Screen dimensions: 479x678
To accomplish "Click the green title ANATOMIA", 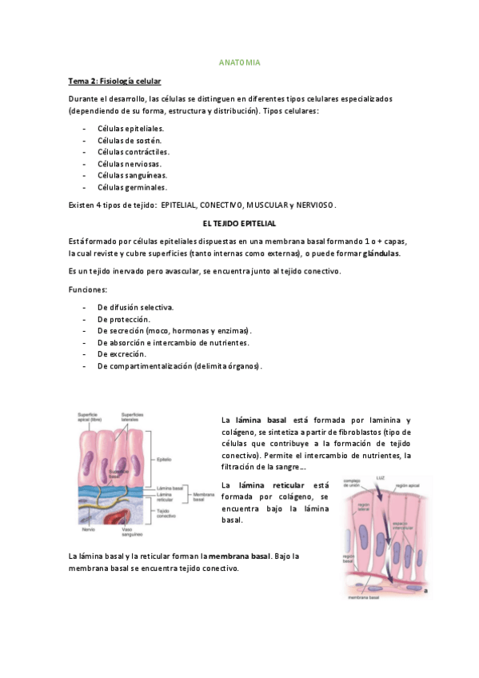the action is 239,62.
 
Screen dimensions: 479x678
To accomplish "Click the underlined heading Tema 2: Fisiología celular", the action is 114,81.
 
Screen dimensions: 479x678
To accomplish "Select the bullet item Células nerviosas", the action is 130,163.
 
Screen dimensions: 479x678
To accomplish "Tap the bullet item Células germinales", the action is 132,187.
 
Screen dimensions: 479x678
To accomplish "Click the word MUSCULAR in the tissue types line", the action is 267,205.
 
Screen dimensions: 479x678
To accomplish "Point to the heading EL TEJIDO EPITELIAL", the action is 239,223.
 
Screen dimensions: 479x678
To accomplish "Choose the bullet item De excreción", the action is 122,353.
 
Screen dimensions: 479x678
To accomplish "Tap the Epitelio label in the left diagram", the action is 186,460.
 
